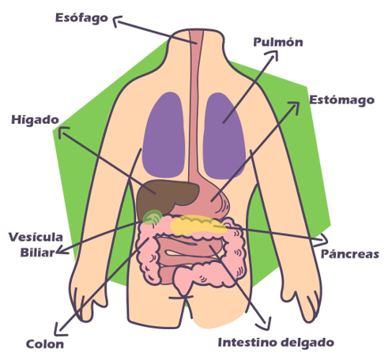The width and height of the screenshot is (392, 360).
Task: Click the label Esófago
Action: click(81, 18)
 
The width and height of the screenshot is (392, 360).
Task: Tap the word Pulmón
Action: click(278, 42)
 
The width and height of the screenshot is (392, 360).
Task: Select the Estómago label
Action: click(341, 100)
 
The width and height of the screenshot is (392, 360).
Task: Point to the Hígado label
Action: click(35, 120)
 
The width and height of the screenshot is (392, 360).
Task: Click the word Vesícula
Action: click(36, 237)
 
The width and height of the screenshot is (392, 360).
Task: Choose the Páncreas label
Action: click(350, 253)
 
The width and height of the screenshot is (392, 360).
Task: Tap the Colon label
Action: click(45, 344)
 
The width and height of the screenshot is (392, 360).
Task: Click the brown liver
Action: click(166, 196)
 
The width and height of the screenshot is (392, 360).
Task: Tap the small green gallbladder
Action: click(153, 217)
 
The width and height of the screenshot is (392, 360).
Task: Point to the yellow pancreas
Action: click(198, 224)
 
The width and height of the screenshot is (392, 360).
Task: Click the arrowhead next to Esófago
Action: click(117, 21)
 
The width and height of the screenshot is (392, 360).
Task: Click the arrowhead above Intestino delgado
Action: click(265, 324)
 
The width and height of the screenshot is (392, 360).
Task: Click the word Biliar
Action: click(37, 253)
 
